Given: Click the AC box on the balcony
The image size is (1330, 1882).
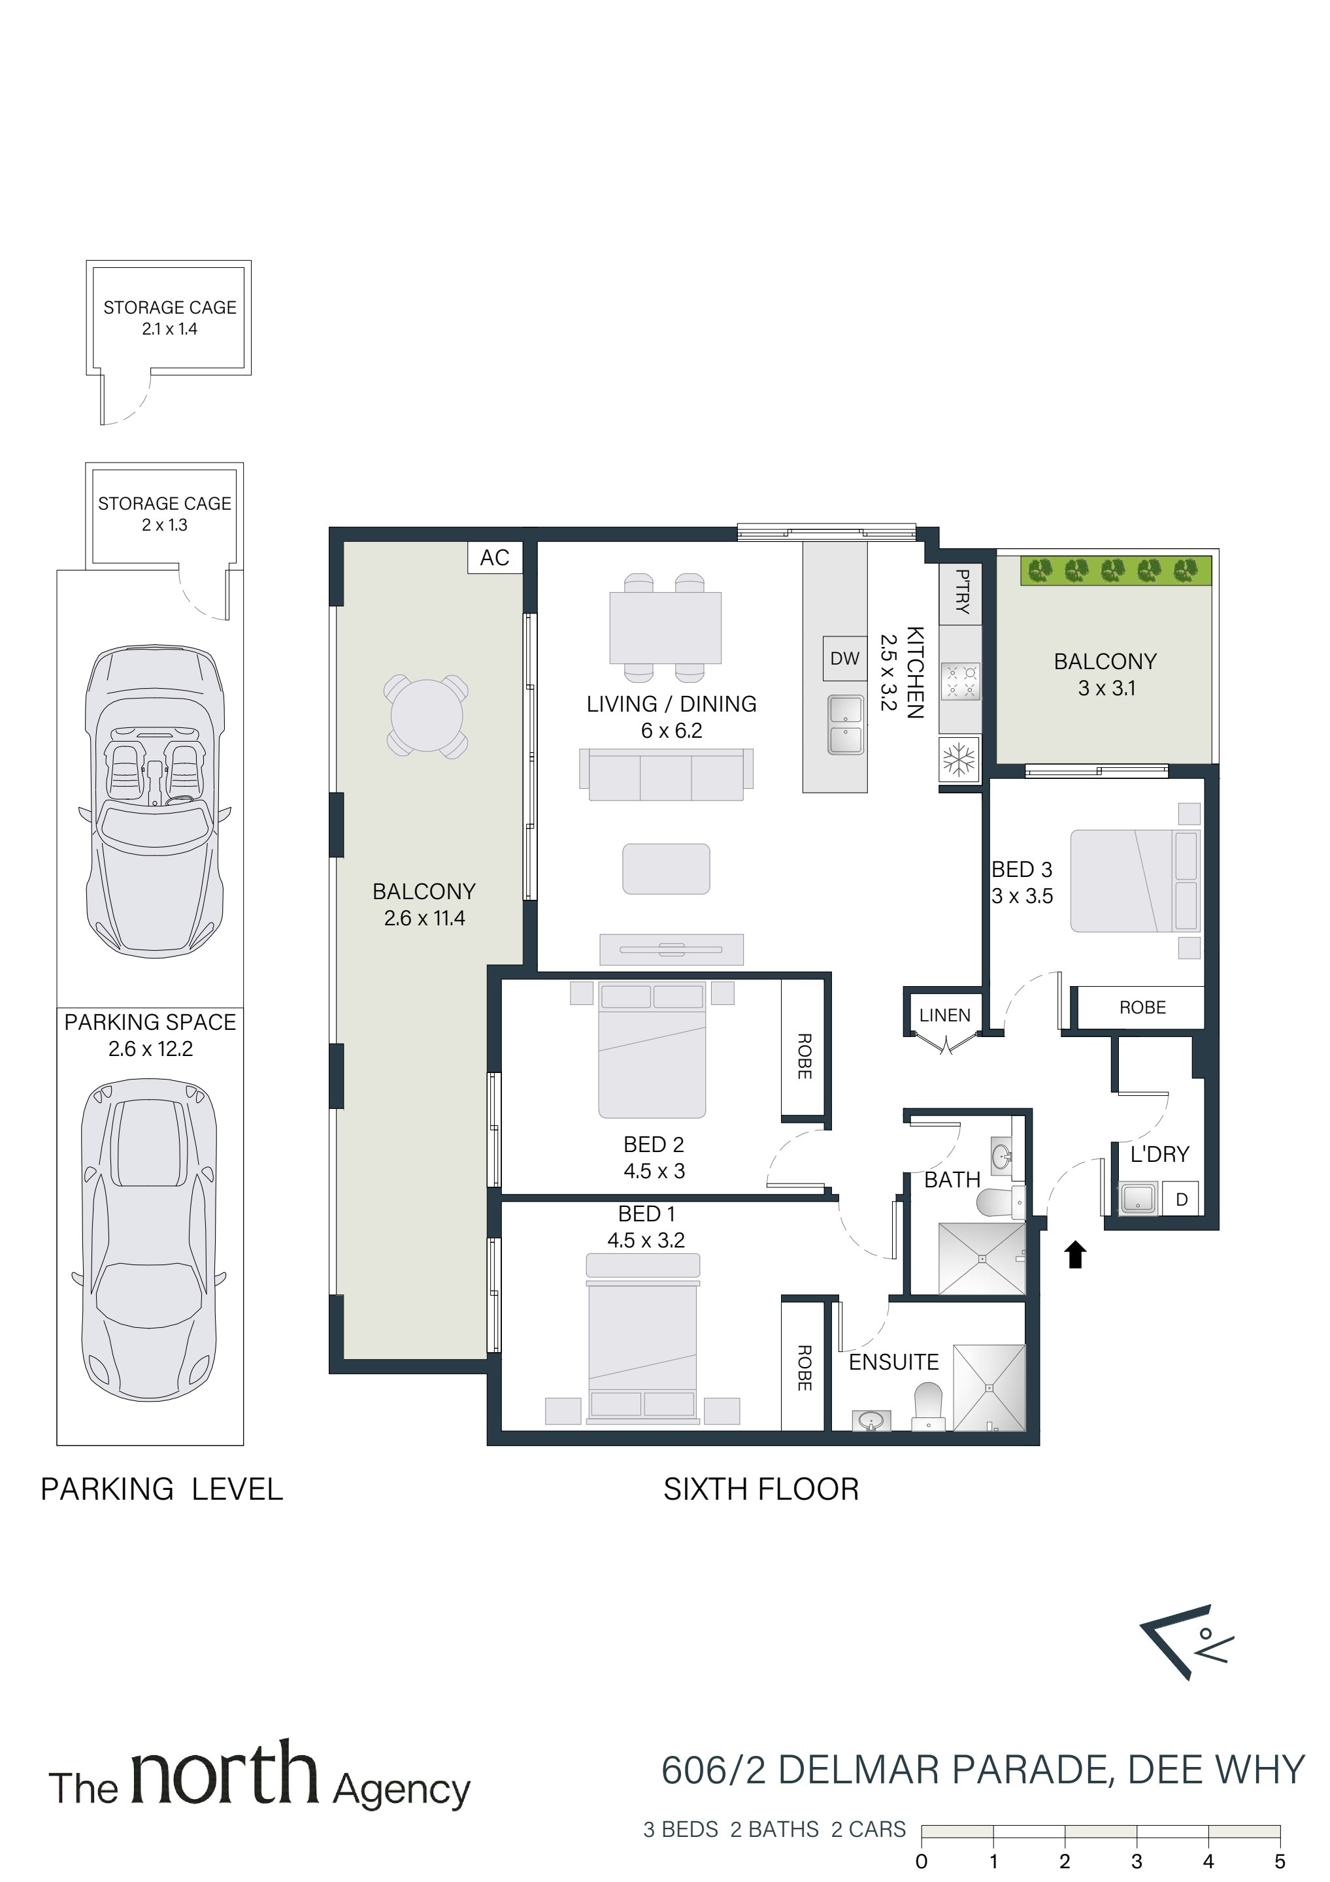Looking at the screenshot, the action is (495, 557).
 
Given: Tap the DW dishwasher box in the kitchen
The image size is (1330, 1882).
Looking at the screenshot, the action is (844, 658).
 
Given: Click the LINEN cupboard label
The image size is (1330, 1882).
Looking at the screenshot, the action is (944, 1015).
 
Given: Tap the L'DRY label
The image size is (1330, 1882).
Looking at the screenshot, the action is (1159, 1154).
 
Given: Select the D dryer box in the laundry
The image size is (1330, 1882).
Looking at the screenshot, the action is (1182, 1199).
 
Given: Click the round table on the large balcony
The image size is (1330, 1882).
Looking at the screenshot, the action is (426, 716).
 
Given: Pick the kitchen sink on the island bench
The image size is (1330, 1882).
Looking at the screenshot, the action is (846, 725).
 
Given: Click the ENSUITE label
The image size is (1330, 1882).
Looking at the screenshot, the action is (894, 1362).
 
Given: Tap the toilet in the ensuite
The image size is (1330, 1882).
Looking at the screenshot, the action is (928, 1406).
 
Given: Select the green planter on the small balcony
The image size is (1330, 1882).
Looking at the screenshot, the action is (1116, 570).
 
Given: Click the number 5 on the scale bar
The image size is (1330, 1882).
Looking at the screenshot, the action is (1279, 1862).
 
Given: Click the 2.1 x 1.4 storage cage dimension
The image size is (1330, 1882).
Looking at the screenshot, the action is (170, 329).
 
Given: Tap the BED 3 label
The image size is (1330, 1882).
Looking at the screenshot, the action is (1022, 870).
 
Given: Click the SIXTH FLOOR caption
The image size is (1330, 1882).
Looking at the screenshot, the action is (761, 1489).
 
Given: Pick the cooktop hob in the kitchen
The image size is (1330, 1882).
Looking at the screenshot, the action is (960, 681).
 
